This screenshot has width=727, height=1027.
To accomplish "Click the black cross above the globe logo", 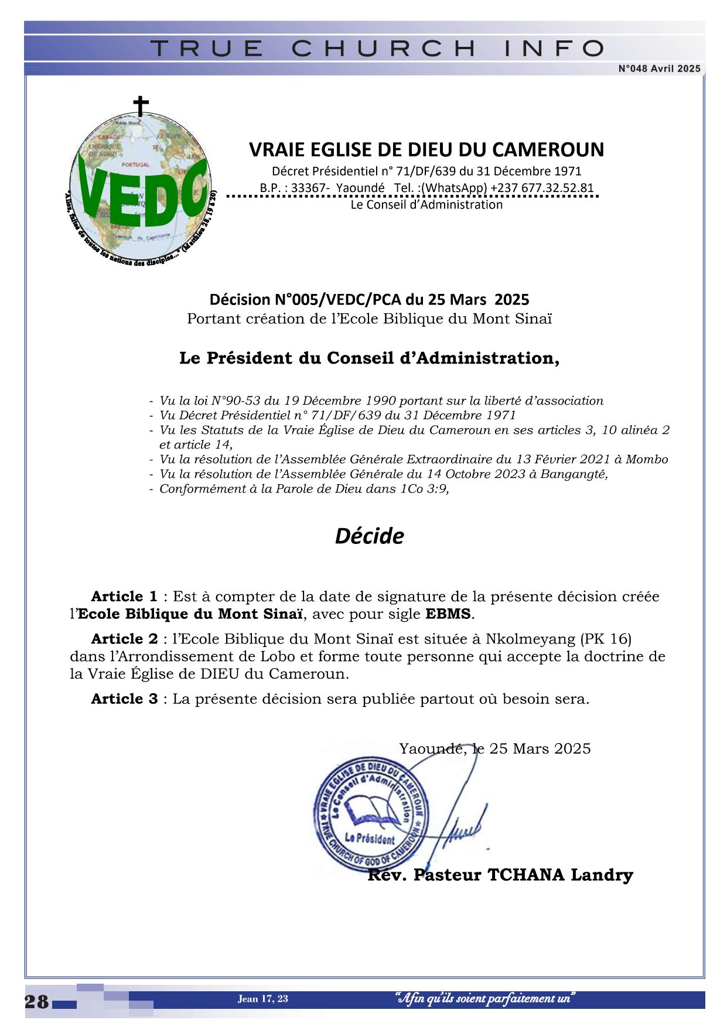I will point(141,105).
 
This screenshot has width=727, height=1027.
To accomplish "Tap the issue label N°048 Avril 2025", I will point(659,69).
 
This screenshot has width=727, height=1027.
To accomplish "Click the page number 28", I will point(37,1002).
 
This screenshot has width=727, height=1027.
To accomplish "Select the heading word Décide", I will point(369,536).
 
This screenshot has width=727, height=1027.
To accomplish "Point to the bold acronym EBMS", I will point(448,614).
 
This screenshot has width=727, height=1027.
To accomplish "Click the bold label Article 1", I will point(124,597).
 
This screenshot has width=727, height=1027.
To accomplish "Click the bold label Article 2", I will point(124,639).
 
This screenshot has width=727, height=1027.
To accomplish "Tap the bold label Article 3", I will point(124,699).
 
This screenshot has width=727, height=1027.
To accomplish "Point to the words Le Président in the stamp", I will point(370,838).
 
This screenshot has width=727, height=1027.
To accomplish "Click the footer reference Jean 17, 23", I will point(262,998).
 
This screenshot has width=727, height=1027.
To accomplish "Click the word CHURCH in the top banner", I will point(384,48).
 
